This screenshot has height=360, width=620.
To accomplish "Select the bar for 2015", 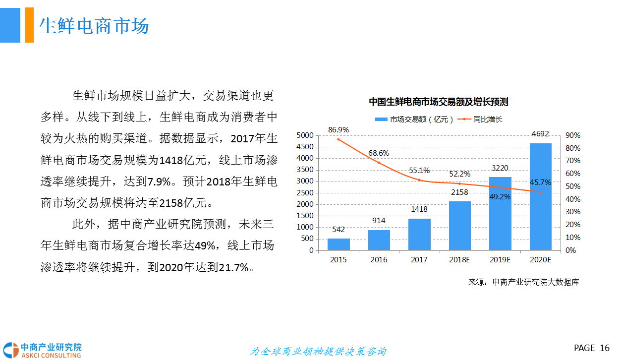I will [x=338, y=244].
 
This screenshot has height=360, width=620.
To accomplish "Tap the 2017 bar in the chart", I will [x=419, y=234].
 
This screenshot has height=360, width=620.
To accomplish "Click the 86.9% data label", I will [x=338, y=130].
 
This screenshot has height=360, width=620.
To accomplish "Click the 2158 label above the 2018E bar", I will [x=459, y=192].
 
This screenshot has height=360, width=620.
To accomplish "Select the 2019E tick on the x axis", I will [x=500, y=260].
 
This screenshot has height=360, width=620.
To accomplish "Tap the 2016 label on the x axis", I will [x=379, y=260].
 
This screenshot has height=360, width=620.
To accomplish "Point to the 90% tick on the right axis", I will [x=573, y=135].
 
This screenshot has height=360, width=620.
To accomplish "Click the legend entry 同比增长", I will [x=488, y=119].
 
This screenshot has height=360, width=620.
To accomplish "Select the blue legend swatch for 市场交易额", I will [x=381, y=119].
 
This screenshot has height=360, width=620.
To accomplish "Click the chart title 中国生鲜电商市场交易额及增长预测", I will [x=438, y=102].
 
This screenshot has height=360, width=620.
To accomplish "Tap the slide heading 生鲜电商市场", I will [x=94, y=26].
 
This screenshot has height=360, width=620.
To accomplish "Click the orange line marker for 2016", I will [x=379, y=163].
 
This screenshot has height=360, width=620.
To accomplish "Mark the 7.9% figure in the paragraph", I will [x=160, y=181].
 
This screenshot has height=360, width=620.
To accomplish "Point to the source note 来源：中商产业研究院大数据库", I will [x=523, y=282].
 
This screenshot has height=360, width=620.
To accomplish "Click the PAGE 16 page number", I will [x=591, y=348].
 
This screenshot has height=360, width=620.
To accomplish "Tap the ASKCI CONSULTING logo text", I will [x=51, y=355].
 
